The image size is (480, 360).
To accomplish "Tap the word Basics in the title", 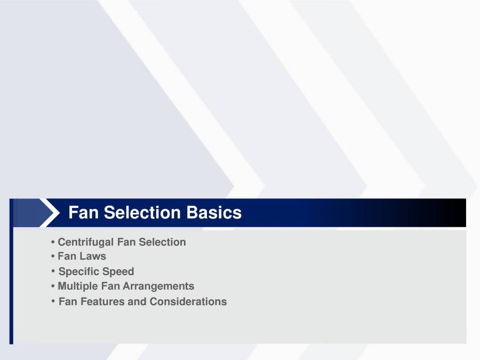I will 214,213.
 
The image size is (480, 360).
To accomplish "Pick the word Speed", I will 119,271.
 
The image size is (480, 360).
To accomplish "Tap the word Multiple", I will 78,286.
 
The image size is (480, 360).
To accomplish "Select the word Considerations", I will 188,302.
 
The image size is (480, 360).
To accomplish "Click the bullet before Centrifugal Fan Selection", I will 53,243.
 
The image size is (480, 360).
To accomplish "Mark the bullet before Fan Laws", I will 53,257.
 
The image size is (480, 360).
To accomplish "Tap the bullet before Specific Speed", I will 53,271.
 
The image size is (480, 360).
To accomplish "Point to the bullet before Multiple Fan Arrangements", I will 53,286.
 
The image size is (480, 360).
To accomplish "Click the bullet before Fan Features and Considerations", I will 53,302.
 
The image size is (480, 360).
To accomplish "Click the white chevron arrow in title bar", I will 50,213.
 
